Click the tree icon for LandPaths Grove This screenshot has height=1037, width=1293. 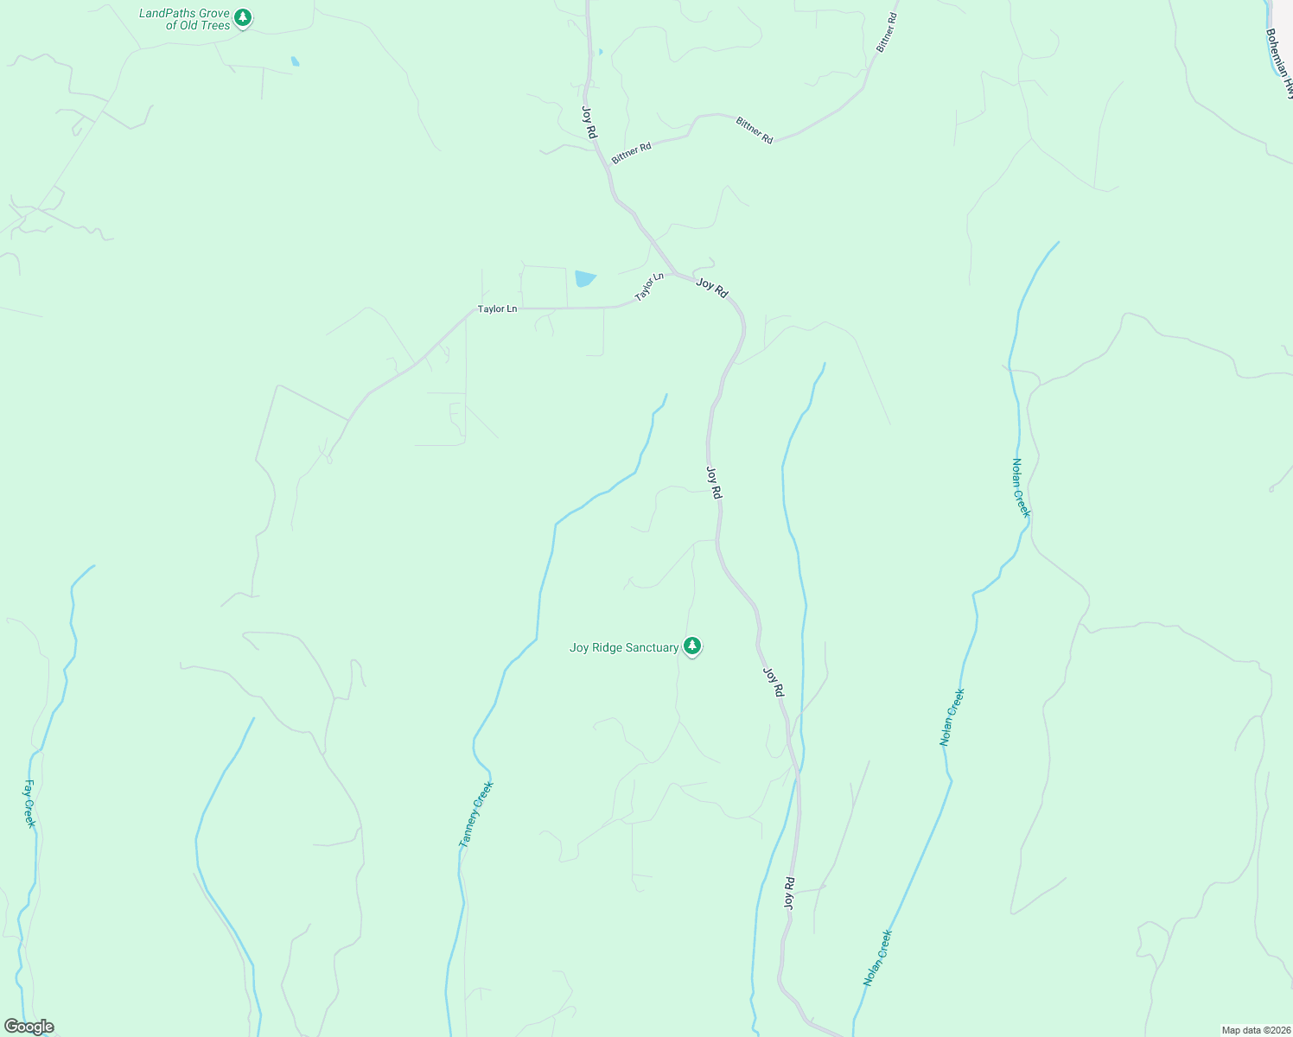pos(244,17)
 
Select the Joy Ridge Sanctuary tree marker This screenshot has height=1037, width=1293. pos(691,646)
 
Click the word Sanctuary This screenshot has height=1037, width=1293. pos(653,647)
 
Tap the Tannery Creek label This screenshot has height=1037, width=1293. pos(475,814)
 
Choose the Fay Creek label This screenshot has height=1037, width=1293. pos(29,804)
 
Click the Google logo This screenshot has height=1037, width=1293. pos(29,1027)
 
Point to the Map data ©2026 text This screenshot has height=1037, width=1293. pos(1255,1030)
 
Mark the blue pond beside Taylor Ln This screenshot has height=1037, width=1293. pos(584,278)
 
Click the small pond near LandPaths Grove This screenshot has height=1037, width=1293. pos(296,61)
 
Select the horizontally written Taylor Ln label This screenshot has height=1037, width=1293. pos(497,309)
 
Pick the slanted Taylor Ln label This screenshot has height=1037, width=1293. pos(649,288)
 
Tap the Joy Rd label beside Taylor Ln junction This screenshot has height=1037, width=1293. pos(712,288)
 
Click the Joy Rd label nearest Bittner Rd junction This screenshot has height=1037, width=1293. pos(589,122)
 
